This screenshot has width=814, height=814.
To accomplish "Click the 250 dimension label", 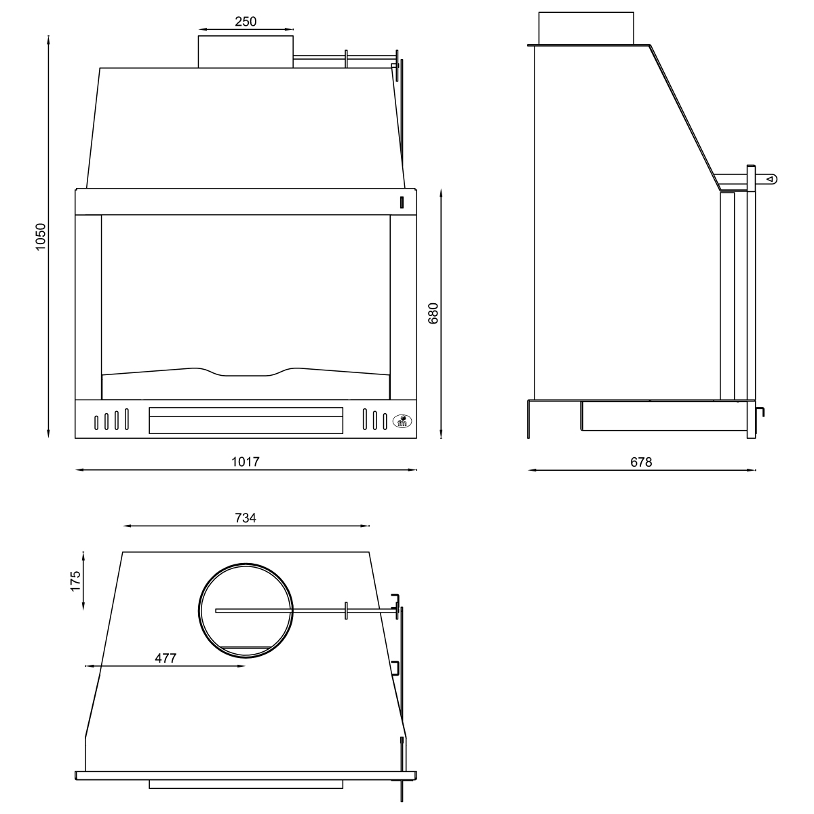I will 246,21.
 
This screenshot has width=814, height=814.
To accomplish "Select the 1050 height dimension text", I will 41,237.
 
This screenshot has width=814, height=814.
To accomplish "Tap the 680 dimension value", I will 434,313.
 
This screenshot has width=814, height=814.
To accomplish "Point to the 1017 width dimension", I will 246,461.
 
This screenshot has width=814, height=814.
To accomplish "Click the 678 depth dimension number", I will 641,462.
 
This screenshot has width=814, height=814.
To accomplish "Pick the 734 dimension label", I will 246,518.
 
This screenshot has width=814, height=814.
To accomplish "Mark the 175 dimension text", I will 75,581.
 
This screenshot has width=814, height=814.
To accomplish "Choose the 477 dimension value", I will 165,658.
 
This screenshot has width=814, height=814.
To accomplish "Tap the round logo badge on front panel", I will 401,422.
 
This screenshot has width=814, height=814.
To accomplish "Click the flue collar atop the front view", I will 246,52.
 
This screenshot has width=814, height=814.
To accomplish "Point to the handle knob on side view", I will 771,179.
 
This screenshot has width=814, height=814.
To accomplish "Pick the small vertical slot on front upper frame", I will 402,201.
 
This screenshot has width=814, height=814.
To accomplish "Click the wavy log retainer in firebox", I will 246,372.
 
